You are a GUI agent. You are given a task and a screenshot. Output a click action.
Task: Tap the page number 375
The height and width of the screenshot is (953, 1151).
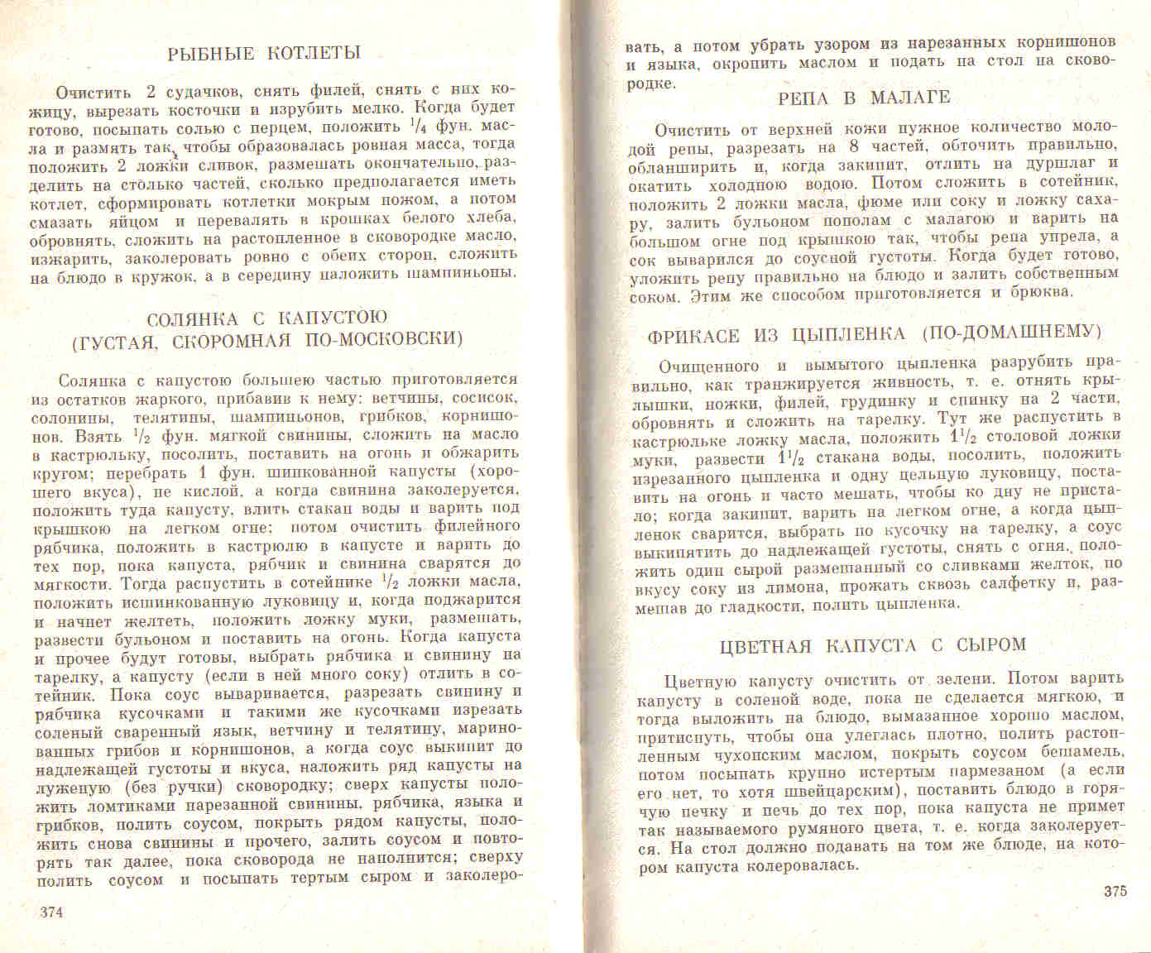click(x=1115, y=892)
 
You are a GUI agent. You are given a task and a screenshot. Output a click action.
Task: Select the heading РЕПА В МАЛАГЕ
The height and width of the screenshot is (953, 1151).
click(x=864, y=98)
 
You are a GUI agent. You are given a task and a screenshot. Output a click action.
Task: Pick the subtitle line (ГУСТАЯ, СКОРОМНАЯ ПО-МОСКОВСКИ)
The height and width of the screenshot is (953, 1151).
click(x=266, y=339)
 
